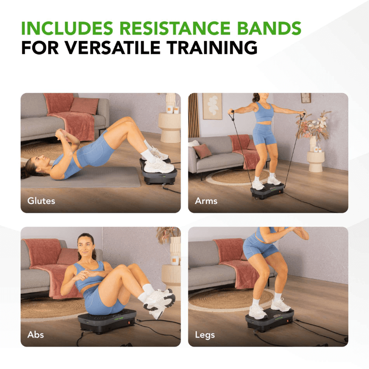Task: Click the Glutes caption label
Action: (x=41, y=201)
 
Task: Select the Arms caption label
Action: (x=206, y=201)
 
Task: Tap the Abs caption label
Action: (x=36, y=334)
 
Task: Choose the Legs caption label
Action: (x=205, y=334)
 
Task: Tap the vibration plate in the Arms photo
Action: (x=268, y=190)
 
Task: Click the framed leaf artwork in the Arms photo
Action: (x=212, y=106)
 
